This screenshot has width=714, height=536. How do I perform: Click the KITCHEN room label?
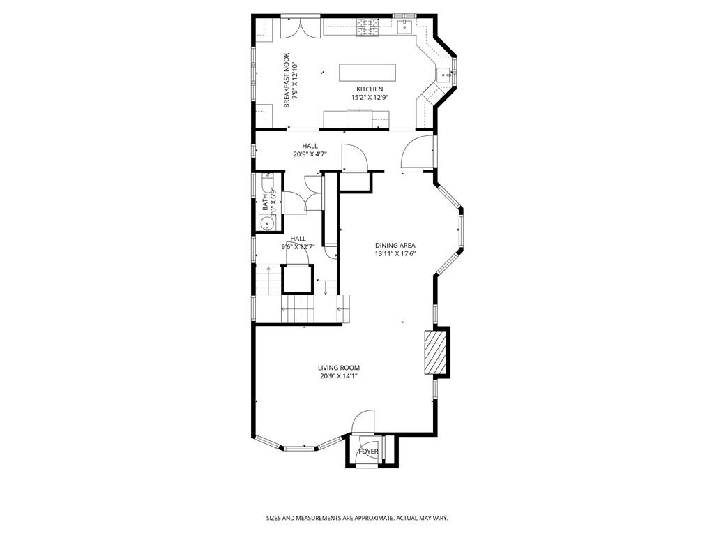pos(370,89)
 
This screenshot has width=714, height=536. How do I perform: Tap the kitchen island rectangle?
pos(367,73)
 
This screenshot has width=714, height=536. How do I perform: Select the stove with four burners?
pos(367,27)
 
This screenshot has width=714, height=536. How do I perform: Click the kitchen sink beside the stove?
pos(405,27)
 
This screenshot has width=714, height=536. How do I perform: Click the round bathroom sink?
pos(265,223)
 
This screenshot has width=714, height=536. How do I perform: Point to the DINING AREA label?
pos(395,245)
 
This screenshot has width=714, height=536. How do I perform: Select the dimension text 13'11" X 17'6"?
pos(395,253)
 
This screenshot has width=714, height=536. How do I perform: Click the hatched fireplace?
pos(433,353)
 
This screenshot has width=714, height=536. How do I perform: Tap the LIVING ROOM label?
pos(339,368)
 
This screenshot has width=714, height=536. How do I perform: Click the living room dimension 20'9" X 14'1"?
pos(339,376)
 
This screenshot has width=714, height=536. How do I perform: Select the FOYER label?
pos(368,452)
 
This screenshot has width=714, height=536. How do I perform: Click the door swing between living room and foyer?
pos(363,422)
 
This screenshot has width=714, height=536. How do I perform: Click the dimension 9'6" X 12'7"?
pos(298,246)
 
